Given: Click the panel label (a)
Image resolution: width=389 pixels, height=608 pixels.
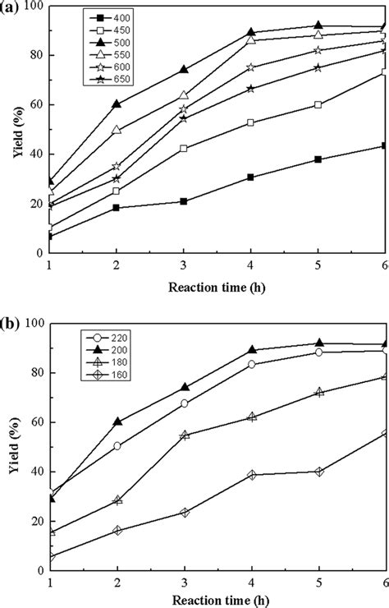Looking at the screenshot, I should click(x=11, y=9).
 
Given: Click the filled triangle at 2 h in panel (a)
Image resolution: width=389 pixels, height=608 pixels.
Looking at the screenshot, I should click(x=117, y=104).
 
